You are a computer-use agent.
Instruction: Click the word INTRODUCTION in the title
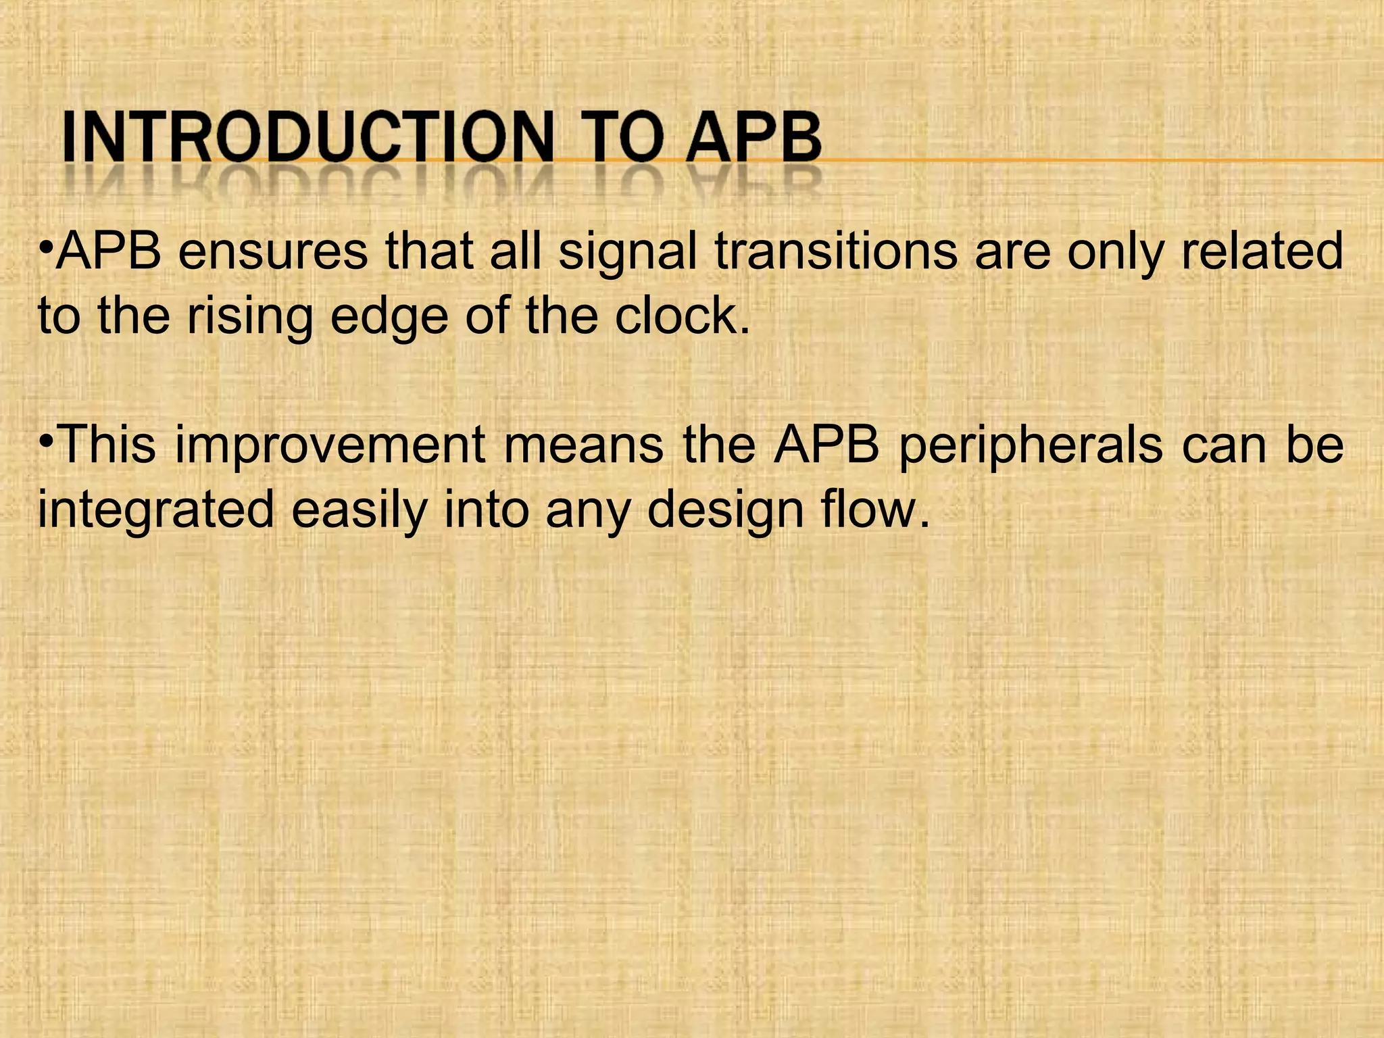click(307, 139)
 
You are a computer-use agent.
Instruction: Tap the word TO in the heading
click(616, 139)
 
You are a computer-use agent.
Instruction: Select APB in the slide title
click(753, 139)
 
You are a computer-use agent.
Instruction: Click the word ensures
click(273, 251)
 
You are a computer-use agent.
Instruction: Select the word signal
click(628, 251)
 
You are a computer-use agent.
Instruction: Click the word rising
click(249, 316)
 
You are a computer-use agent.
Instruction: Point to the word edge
click(389, 316)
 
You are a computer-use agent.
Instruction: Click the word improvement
click(330, 446)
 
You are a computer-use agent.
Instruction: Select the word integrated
click(155, 510)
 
